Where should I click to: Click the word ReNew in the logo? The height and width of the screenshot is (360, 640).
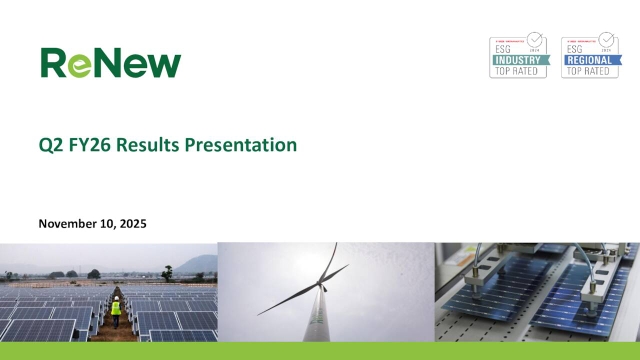click(111, 62)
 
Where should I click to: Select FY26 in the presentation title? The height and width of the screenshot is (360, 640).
click(91, 145)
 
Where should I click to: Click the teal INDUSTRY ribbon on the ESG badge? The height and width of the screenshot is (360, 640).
click(517, 59)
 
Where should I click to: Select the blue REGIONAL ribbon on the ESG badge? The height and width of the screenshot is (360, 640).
click(589, 59)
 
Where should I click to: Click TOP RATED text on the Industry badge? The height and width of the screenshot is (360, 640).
click(517, 71)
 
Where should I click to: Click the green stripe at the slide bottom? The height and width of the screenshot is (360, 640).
click(320, 351)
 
